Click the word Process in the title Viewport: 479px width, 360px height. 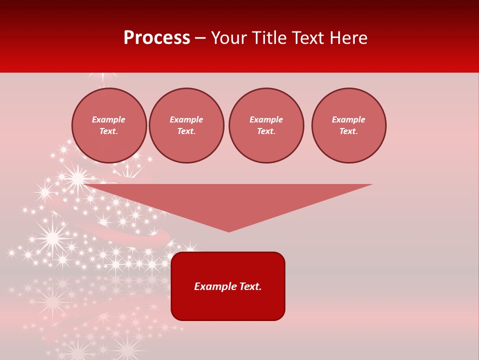click(157, 38)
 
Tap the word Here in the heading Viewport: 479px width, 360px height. click(348, 38)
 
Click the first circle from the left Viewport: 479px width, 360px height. click(109, 125)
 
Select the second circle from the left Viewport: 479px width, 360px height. click(187, 125)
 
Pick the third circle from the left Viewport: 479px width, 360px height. click(266, 125)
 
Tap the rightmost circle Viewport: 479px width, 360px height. click(349, 125)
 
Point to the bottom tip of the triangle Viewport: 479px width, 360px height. click(229, 231)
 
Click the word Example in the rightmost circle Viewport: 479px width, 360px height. click(349, 119)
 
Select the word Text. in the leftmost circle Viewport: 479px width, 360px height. click(109, 131)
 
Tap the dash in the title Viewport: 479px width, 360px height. click(200, 38)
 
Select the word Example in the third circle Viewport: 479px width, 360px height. click(266, 119)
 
